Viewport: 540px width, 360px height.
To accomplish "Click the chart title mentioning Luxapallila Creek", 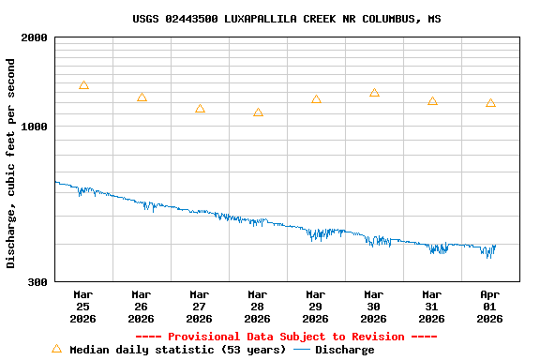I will click(x=286, y=19).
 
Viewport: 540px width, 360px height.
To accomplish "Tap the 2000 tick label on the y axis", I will click(x=35, y=37).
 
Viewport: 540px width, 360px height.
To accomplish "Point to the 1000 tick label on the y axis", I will click(x=35, y=127).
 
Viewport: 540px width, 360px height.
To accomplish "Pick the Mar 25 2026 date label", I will click(x=83, y=306).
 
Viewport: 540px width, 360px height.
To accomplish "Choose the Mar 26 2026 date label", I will click(x=142, y=306).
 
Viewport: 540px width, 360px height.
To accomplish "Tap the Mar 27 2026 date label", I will click(x=200, y=306).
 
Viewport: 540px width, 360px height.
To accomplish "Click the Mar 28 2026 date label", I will click(x=258, y=306).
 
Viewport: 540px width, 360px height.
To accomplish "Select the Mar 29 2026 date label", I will click(x=316, y=306).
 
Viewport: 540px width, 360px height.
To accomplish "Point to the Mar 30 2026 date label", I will click(x=374, y=306).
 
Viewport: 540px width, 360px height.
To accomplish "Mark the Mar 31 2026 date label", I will click(x=432, y=306).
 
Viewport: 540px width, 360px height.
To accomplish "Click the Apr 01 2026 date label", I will click(x=490, y=306).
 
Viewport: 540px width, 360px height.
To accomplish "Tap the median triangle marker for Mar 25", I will click(x=83, y=85).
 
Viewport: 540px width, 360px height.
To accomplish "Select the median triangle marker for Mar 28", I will click(x=258, y=112).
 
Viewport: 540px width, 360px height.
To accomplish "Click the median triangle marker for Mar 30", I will click(x=374, y=93).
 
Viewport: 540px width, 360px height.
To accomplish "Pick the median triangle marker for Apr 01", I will click(x=490, y=103).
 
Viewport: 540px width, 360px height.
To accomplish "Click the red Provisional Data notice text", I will click(x=286, y=337).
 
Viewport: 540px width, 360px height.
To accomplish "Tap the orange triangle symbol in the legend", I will click(x=56, y=349).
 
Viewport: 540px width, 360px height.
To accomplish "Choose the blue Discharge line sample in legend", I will click(x=302, y=350).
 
